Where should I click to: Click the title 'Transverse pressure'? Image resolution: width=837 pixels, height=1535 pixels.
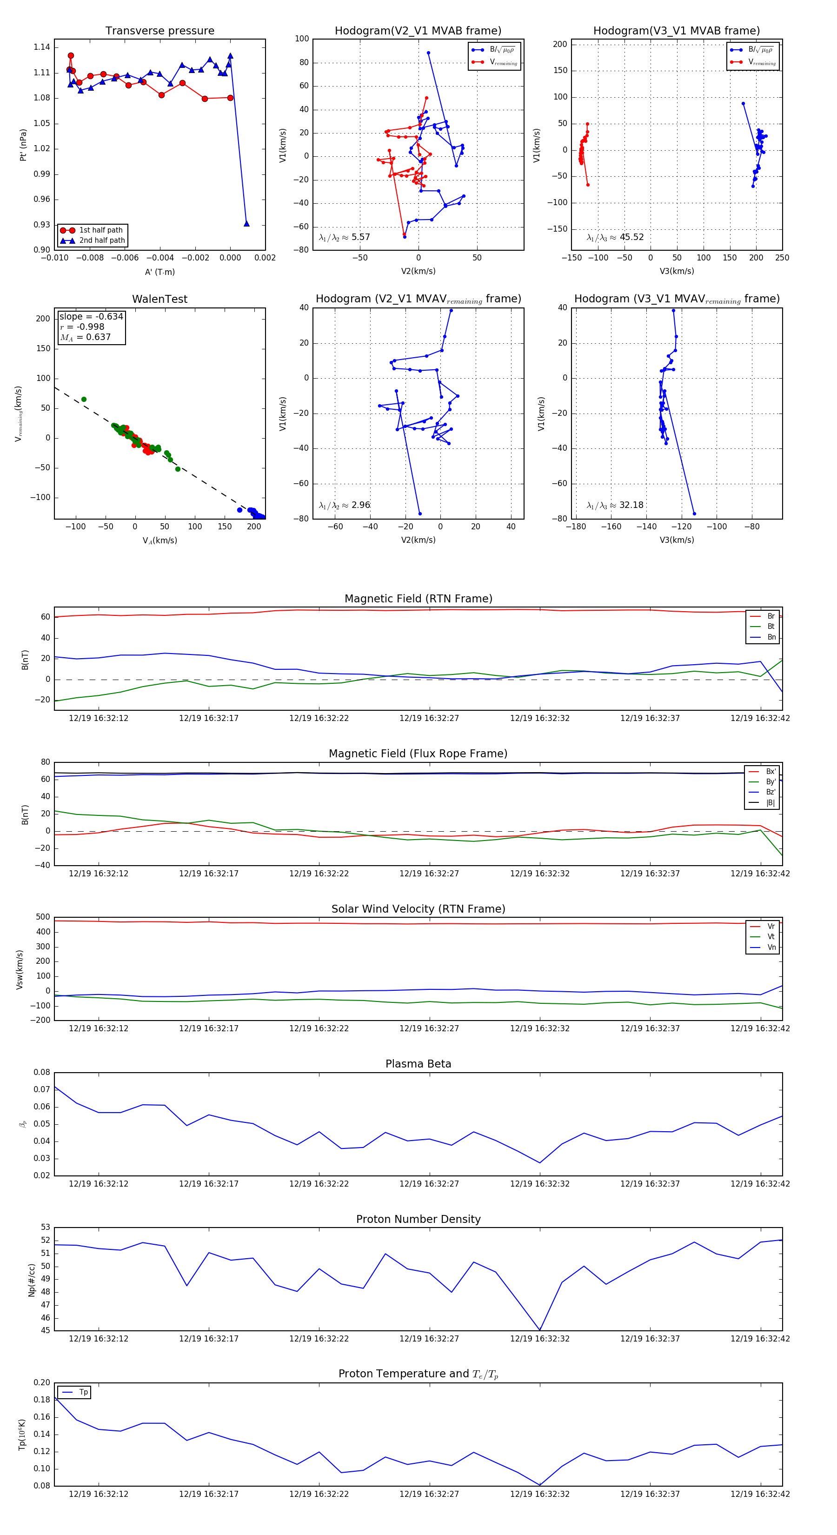click(159, 31)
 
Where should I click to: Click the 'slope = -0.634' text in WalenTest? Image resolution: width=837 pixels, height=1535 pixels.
click(91, 316)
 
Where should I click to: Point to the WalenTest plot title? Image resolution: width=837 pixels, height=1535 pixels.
click(159, 299)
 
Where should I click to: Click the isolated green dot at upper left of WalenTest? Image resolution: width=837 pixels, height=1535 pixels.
click(84, 399)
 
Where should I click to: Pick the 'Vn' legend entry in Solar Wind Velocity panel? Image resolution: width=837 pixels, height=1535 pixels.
click(771, 948)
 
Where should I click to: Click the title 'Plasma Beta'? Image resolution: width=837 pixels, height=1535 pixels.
click(418, 1064)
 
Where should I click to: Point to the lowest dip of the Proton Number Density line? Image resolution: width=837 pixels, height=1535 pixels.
click(540, 1330)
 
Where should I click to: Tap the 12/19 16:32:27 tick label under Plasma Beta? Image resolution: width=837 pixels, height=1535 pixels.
click(429, 1184)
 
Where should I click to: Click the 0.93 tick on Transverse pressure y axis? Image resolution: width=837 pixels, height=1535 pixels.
click(42, 225)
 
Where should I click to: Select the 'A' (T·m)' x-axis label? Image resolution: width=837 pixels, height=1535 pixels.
click(159, 272)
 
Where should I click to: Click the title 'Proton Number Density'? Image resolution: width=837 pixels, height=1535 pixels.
click(418, 1219)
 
